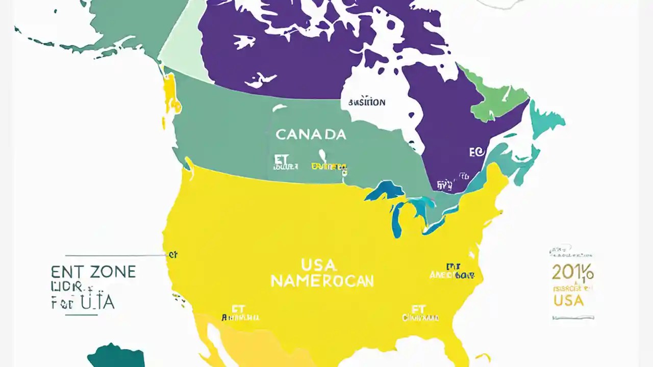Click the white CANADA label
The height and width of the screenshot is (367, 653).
311,135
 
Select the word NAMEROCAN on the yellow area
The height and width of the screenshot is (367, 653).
322,281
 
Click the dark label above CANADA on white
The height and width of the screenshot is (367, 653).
366,102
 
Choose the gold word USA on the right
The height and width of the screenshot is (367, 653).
568,300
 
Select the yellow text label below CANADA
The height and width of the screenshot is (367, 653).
329,167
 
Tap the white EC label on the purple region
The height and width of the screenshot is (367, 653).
475,151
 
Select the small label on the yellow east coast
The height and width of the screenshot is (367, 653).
453,271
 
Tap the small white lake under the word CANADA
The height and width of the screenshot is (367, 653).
322,154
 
